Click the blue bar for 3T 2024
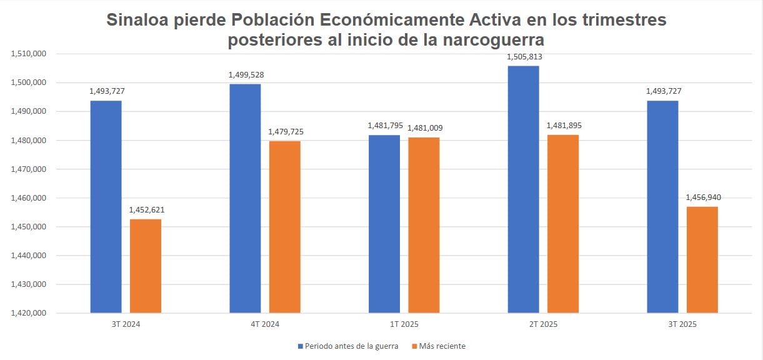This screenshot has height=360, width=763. tap(106, 206)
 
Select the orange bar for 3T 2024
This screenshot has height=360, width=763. tap(146, 266)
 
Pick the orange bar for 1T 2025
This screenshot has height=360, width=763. tap(424, 225)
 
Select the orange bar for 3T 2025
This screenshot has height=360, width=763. tap(702, 259)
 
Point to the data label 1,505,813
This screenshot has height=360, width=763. tap(524, 57)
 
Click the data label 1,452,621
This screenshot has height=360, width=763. tap(146, 210)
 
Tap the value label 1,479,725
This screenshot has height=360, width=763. tap(285, 132)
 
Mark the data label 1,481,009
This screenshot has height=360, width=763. tap(424, 128)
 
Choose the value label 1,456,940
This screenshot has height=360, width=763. tap(702, 197)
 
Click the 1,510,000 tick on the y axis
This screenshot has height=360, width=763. tap(29, 54)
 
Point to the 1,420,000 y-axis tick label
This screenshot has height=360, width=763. tap(29, 313)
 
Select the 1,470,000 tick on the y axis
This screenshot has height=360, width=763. tap(29, 169)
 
